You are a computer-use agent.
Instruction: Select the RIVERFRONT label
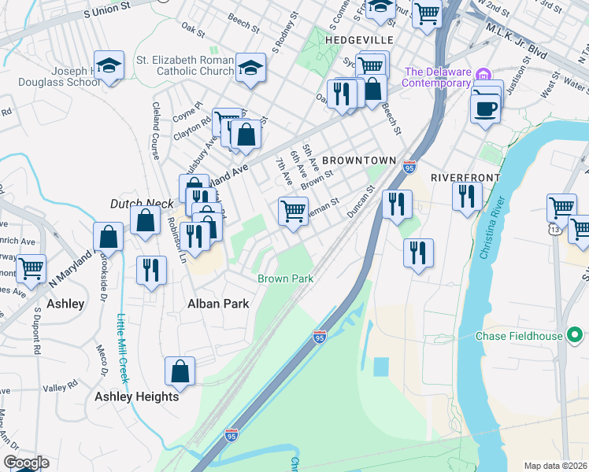pos(465,178)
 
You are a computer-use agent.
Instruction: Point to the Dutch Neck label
pos(142,204)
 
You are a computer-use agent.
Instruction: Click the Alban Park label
pos(217,304)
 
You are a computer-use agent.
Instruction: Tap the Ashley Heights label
pos(137,396)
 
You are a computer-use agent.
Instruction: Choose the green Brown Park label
pos(285,279)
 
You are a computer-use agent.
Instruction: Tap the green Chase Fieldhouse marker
pos(575,336)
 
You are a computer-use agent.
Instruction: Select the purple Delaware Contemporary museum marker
pos(484,74)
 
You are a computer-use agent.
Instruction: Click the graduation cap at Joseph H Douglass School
pos(109,65)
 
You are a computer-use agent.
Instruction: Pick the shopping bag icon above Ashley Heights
pos(180,371)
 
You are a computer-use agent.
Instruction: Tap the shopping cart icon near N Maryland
pos(31,267)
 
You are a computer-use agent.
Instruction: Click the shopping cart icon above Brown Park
pos(293,210)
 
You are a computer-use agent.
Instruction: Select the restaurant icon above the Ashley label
pos(150,269)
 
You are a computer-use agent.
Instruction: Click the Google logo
pos(26,463)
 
